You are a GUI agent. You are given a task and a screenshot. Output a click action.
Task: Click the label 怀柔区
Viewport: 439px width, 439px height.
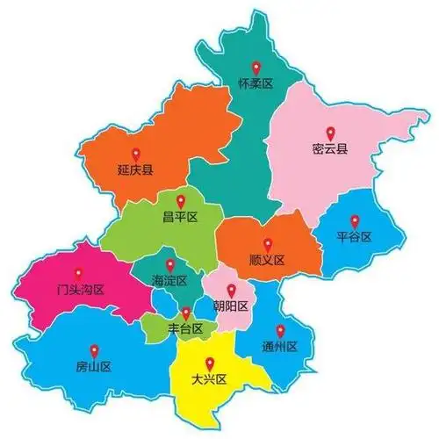click(x=256, y=84)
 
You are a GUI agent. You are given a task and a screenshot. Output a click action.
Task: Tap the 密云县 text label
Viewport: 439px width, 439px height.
click(x=330, y=148)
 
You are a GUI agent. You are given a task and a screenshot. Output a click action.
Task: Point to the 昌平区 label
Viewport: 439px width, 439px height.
click(x=180, y=217)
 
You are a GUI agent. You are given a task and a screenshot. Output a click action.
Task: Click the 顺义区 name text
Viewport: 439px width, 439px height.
click(x=268, y=260)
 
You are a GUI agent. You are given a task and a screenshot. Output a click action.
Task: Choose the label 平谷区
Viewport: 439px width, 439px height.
click(x=355, y=237)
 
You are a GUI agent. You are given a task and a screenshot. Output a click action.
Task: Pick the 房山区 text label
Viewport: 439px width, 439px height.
click(x=93, y=366)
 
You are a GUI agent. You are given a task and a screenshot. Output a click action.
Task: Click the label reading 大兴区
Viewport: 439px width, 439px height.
click(x=209, y=379)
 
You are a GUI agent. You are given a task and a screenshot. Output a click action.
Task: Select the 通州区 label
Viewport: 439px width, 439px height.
click(x=280, y=347)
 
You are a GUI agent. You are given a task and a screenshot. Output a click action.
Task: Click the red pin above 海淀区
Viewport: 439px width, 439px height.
click(x=171, y=264)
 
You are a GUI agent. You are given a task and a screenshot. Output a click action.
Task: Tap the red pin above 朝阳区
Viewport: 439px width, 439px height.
click(x=232, y=290)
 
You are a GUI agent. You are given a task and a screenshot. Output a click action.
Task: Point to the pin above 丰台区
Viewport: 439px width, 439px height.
click(x=186, y=313)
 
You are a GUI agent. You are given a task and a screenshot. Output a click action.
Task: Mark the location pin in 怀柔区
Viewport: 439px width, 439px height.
click(x=256, y=67)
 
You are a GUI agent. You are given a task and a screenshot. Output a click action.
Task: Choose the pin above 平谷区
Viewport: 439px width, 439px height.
click(x=355, y=220)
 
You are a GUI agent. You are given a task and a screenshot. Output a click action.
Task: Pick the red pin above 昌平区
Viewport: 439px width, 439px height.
click(x=180, y=200)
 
